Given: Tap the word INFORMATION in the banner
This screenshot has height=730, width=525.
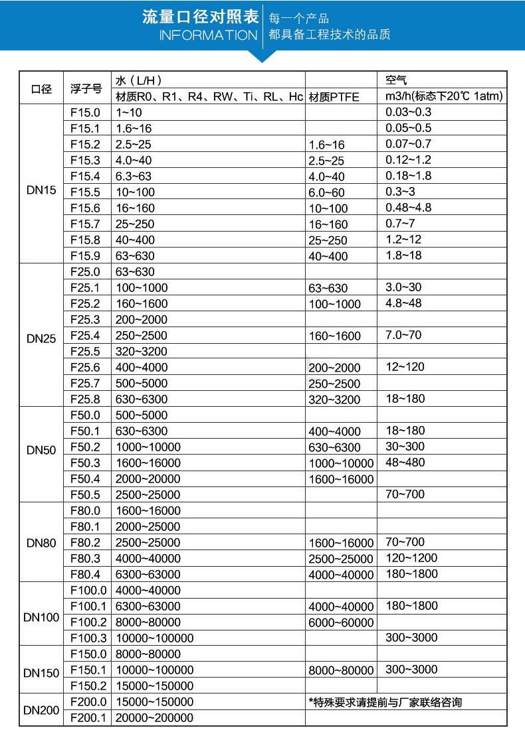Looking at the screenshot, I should click(208, 35).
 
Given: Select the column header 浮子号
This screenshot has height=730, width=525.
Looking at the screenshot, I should click(86, 88).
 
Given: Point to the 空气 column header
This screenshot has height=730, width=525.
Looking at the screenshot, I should click(397, 80).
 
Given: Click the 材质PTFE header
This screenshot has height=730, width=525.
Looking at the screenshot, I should click(334, 97).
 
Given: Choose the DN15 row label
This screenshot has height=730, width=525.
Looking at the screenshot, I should click(41, 190).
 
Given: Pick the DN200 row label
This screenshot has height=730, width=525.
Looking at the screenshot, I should click(41, 710).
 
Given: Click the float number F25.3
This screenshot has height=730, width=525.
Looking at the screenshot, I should click(85, 319).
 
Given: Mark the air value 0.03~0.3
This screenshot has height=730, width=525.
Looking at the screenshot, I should click(408, 112).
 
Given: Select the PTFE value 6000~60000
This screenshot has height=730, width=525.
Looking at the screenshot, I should click(342, 622).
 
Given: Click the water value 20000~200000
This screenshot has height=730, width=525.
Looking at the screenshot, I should click(154, 718).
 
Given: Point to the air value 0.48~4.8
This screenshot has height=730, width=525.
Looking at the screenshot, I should click(408, 208).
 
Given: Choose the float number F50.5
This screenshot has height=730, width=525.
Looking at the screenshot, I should click(85, 494).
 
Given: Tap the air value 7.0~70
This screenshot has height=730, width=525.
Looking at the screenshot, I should click(403, 335).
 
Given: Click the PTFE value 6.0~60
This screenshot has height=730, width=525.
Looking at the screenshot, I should click(327, 192).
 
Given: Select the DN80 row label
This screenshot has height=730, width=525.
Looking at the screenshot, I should click(41, 543).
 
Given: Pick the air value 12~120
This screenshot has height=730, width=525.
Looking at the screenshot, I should click(405, 367).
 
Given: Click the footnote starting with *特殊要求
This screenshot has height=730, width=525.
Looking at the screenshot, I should click(385, 702).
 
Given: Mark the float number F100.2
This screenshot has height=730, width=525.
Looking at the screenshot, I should click(88, 622).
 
